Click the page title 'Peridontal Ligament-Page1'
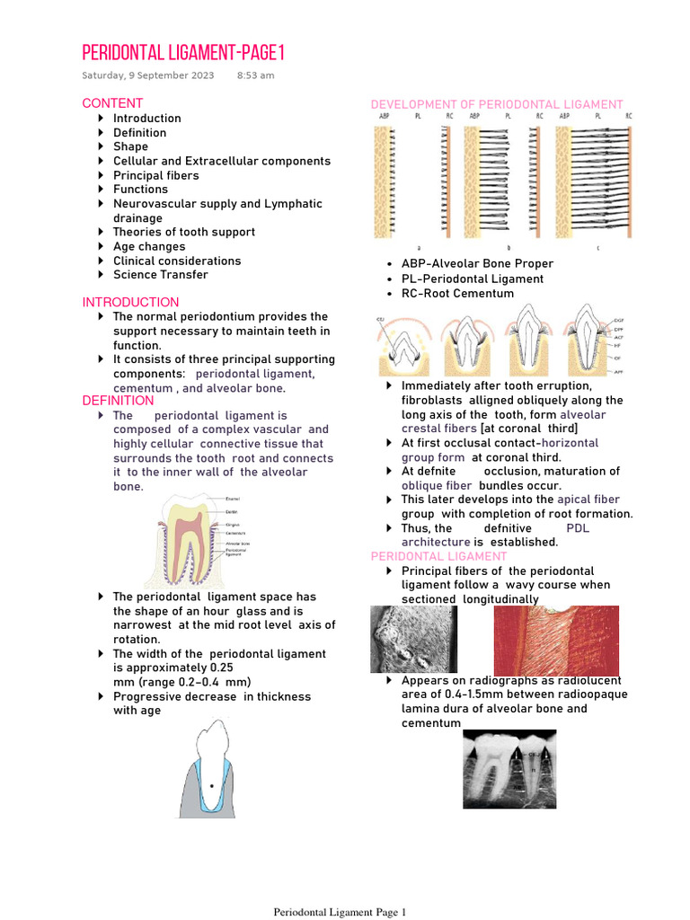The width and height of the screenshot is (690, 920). tap(183, 51)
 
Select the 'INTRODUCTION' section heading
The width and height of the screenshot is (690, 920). tap(130, 302)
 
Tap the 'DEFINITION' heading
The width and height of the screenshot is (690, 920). tap(118, 401)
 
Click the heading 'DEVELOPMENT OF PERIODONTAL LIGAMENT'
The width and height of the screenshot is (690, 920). tap(497, 105)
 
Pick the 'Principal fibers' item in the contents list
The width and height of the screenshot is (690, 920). tap(155, 175)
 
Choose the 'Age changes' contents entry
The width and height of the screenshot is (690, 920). tap(149, 246)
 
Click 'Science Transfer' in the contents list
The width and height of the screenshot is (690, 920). tap(160, 275)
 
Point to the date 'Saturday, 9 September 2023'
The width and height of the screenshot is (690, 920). tap(148, 75)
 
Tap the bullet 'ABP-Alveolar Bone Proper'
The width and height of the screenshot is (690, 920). tap(477, 264)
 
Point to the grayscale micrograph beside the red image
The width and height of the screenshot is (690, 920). tap(414, 640)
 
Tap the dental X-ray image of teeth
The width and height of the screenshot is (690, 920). tap(509, 769)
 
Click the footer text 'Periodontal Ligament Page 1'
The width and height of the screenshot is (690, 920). tap(340, 912)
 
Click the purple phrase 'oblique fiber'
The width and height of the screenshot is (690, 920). tap(436, 485)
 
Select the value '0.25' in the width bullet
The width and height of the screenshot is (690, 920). tap(220, 668)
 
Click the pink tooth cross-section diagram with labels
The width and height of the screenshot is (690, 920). tap(189, 540)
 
